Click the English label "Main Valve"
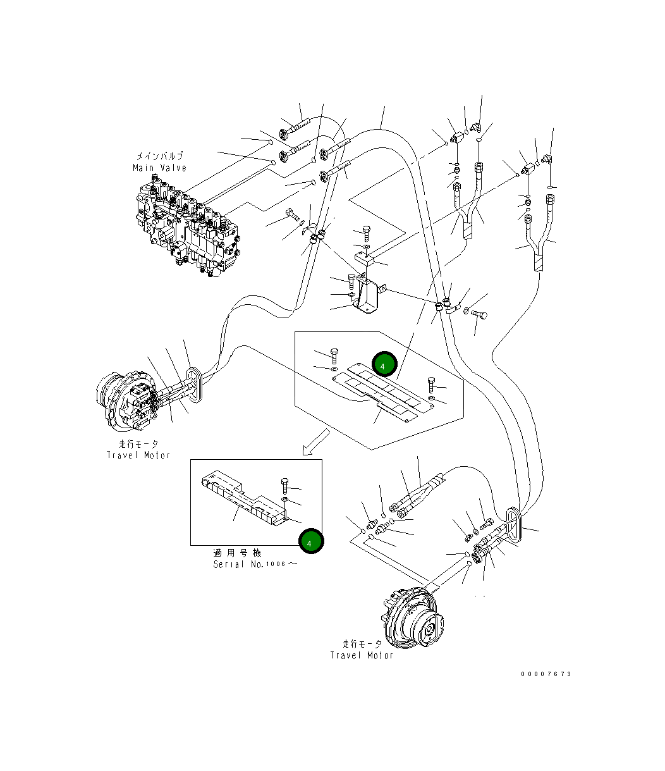pos(159,168)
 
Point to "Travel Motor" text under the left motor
pos(138,455)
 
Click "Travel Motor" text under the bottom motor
pos(362,655)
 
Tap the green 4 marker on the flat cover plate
pos(384,364)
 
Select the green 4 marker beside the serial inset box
pos(310,541)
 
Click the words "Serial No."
pos(238,564)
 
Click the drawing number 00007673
pos(546,674)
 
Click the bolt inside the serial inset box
pos(284,486)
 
